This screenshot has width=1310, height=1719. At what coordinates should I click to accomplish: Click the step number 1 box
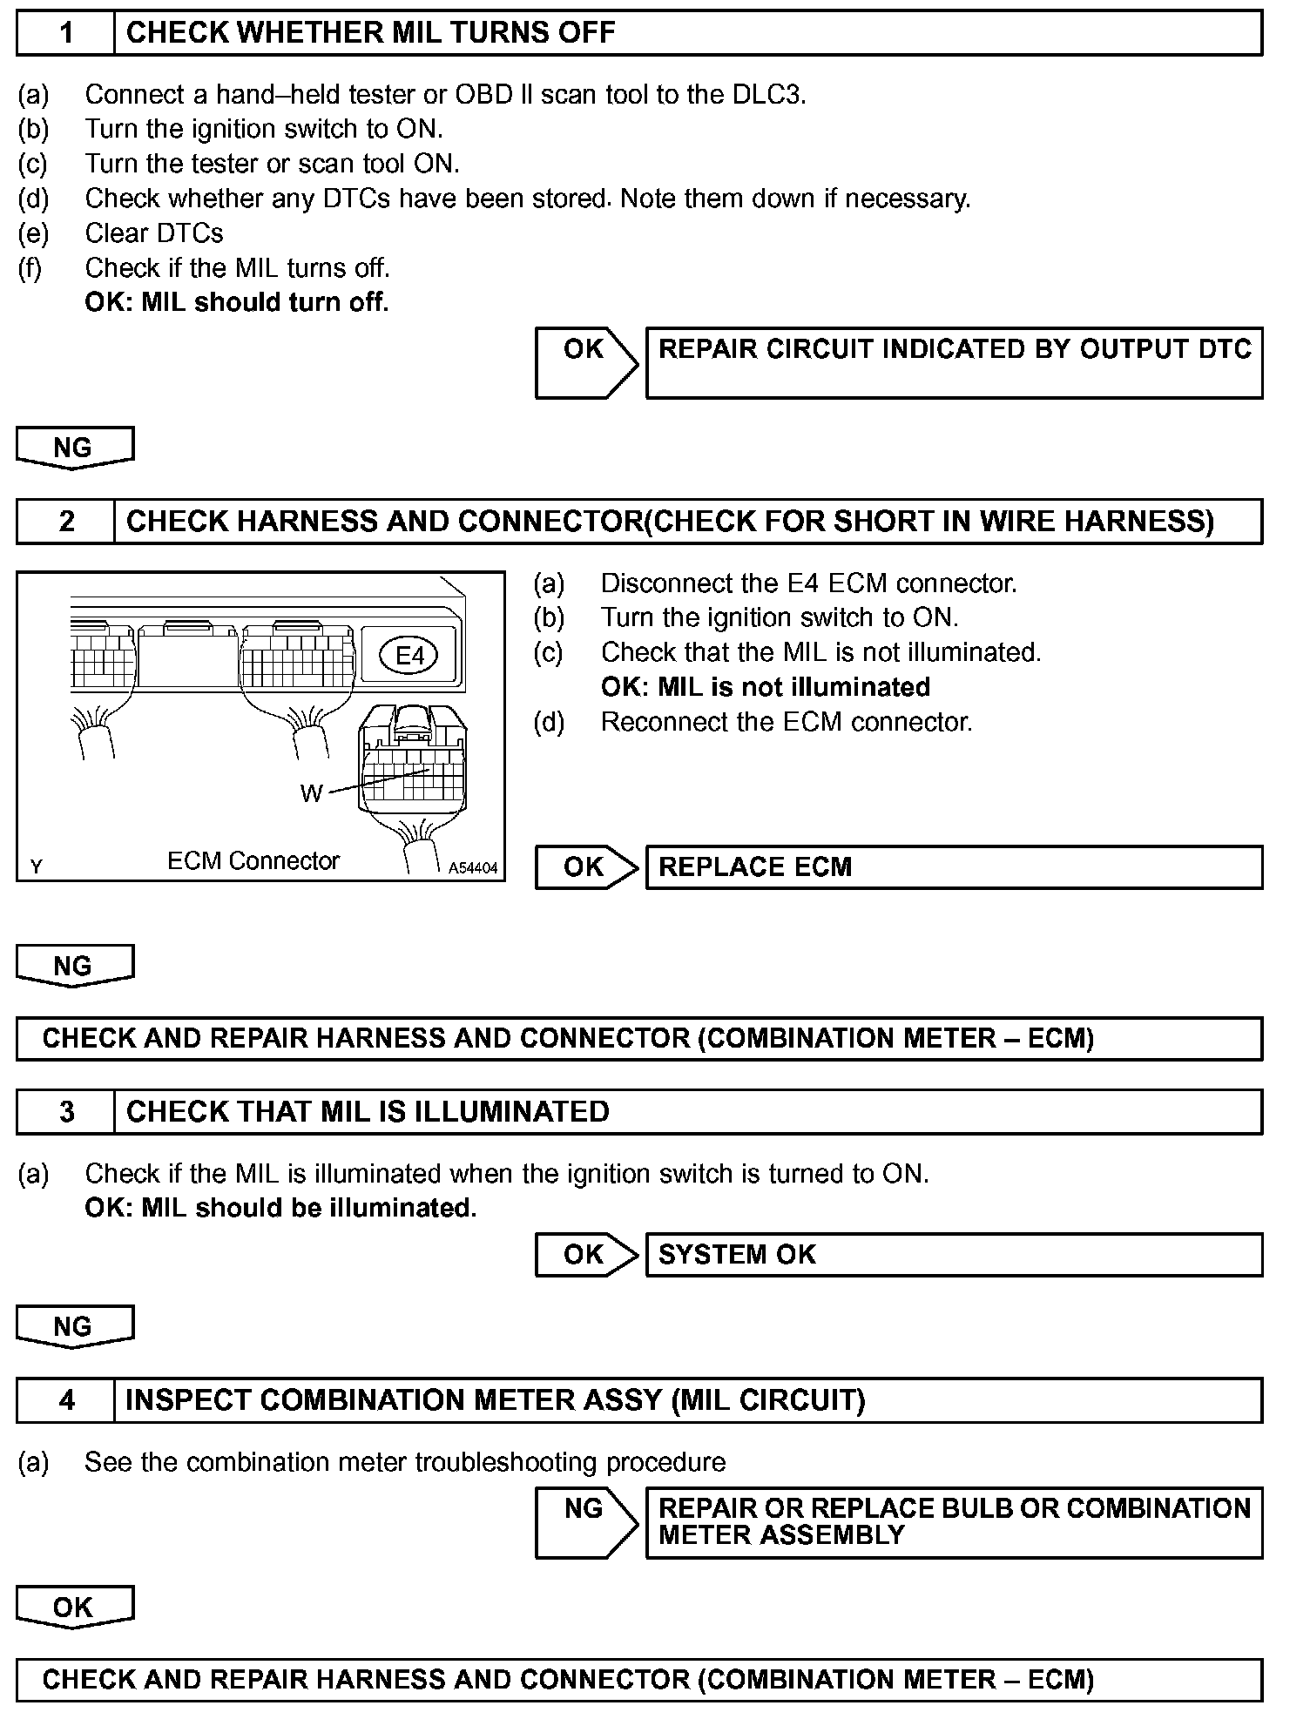pyautogui.click(x=66, y=33)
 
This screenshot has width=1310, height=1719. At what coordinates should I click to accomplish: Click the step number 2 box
pyautogui.click(x=66, y=522)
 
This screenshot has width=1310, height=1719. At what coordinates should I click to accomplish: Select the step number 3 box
pyautogui.click(x=66, y=1112)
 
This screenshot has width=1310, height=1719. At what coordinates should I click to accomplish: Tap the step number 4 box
pyautogui.click(x=66, y=1400)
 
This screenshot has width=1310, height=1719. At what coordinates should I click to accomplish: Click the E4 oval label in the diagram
pyautogui.click(x=409, y=656)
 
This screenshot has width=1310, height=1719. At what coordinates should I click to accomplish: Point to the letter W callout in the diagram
pyautogui.click(x=311, y=793)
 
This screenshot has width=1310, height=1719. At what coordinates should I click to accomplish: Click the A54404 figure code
pyautogui.click(x=473, y=868)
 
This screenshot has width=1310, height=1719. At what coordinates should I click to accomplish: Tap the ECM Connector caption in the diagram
pyautogui.click(x=253, y=861)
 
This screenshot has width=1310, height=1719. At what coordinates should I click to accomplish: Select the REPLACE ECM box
pyautogui.click(x=953, y=867)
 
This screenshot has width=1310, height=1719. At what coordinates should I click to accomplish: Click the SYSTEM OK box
pyautogui.click(x=953, y=1255)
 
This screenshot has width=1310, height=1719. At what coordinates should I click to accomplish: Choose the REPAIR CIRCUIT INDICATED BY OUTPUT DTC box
pyautogui.click(x=953, y=363)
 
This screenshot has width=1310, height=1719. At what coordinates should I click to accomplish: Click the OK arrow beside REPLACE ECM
pyautogui.click(x=585, y=867)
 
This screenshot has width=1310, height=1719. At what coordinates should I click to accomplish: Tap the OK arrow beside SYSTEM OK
pyautogui.click(x=585, y=1255)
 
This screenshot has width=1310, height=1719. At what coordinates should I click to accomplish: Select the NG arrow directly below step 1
pyautogui.click(x=74, y=448)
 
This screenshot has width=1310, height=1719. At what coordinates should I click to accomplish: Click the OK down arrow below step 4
pyautogui.click(x=74, y=1608)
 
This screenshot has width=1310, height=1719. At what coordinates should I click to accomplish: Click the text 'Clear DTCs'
pyautogui.click(x=154, y=233)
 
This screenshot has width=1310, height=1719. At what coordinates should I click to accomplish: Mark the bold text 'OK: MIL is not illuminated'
pyautogui.click(x=766, y=687)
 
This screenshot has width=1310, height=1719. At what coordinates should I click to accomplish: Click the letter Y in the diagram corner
pyautogui.click(x=36, y=866)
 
